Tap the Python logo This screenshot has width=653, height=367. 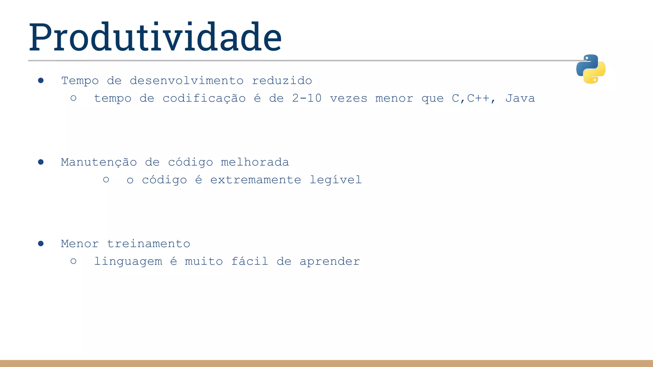[591, 69]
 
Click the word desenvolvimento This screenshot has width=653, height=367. [187, 81]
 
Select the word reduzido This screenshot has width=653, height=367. [282, 81]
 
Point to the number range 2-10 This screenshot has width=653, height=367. [307, 98]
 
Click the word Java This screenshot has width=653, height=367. [520, 98]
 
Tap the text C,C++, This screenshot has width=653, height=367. [474, 98]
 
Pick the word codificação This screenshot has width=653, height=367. [204, 98]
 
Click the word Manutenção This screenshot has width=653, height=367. [99, 162]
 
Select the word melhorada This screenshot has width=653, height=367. [255, 162]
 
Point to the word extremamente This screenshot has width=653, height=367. [256, 180]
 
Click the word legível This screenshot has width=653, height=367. [335, 180]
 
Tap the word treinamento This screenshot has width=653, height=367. [149, 244]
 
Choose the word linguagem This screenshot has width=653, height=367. [128, 262]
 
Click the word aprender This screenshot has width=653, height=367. [330, 262]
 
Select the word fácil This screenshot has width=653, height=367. [250, 262]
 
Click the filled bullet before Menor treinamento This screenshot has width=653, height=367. [41, 244]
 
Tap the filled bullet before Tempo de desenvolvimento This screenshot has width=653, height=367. [41, 81]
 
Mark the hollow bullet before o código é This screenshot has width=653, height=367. [106, 180]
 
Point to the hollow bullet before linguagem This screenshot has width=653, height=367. [73, 261]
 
